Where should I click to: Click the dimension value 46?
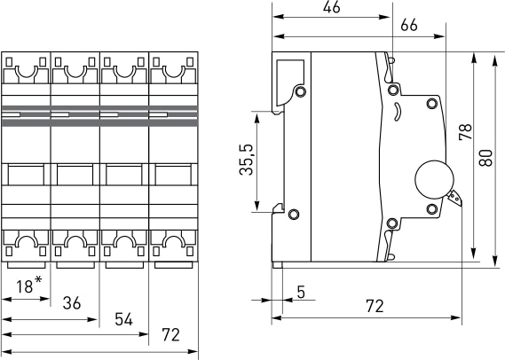point(331,7)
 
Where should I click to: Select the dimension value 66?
point(409,25)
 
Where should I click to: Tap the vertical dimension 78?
point(465,132)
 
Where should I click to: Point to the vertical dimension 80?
point(485,158)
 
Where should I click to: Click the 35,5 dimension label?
point(247,160)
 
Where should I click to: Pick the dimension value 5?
point(301,292)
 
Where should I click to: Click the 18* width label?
point(28,285)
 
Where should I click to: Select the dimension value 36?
point(72,303)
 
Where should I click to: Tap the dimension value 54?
point(123,320)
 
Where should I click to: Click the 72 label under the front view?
point(170,335)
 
